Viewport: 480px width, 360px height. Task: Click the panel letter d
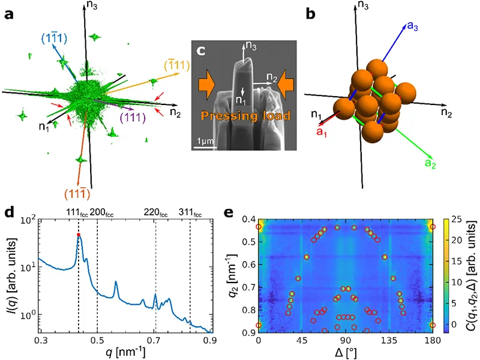tap(8, 211)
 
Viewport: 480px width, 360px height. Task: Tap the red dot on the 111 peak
tap(79, 235)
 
